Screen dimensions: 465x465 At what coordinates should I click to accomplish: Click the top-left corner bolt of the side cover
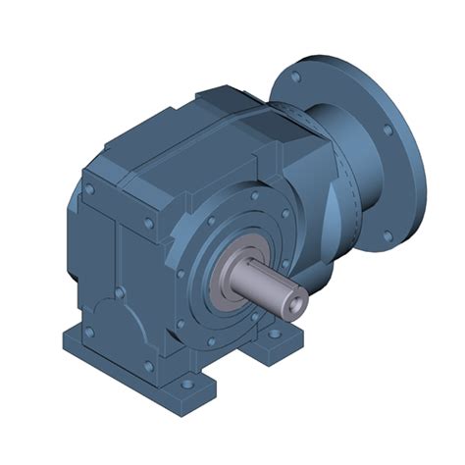[89, 183]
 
